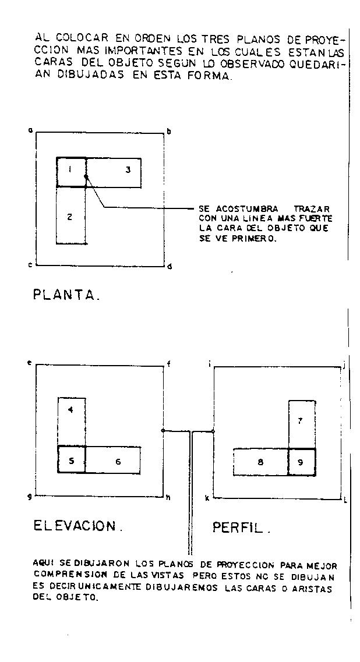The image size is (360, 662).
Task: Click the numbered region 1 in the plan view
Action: tap(71, 172)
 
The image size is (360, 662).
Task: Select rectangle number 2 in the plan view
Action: tap(70, 215)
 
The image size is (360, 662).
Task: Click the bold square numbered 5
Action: tap(71, 459)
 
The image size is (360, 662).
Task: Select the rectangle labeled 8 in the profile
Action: tap(260, 462)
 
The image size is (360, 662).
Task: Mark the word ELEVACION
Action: tap(76, 526)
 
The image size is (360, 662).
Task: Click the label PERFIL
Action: tap(240, 528)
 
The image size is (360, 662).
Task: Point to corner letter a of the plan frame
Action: tap(30, 130)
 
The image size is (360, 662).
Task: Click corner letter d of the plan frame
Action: tap(169, 267)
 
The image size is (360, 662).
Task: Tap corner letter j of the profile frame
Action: tap(345, 365)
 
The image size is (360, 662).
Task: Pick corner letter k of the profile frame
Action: tap(207, 499)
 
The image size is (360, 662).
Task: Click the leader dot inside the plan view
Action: tap(86, 175)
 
